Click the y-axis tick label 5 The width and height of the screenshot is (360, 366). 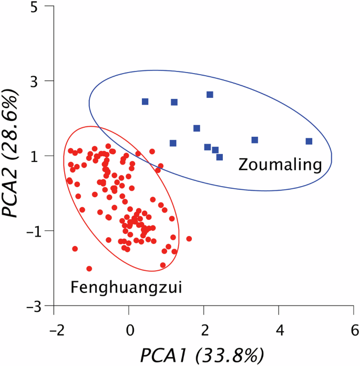[38, 7]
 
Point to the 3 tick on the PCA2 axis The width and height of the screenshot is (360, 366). [38, 81]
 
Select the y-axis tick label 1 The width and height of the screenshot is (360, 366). [39, 156]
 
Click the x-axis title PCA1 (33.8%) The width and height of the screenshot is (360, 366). [201, 355]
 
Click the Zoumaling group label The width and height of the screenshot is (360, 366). [280, 165]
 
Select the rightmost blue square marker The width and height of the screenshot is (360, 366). [309, 141]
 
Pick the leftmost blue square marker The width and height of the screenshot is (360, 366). [145, 101]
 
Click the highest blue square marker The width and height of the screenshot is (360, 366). [210, 95]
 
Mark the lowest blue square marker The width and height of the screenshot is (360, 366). [220, 157]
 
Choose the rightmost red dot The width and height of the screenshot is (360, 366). [189, 239]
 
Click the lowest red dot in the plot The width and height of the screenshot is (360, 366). [89, 269]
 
